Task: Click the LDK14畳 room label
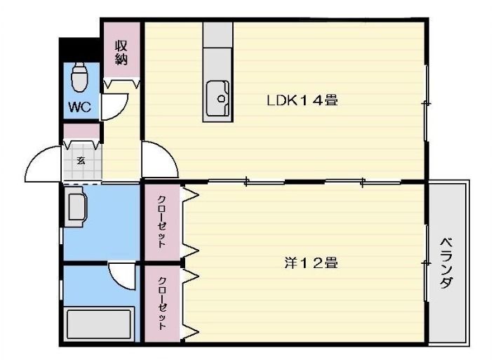point(302,101)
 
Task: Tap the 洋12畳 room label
point(311,263)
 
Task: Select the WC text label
point(80,107)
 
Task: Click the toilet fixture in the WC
point(79,76)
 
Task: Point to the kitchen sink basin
point(217,98)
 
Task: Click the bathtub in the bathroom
point(99,324)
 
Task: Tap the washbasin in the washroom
point(75,206)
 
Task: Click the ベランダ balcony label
point(446,262)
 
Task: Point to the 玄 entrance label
point(81,161)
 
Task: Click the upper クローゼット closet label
point(161,222)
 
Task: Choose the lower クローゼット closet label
point(162,303)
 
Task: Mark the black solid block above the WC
point(79,50)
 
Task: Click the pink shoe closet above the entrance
point(81,131)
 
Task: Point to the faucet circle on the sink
point(221,98)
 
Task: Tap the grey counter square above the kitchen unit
point(217,34)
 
